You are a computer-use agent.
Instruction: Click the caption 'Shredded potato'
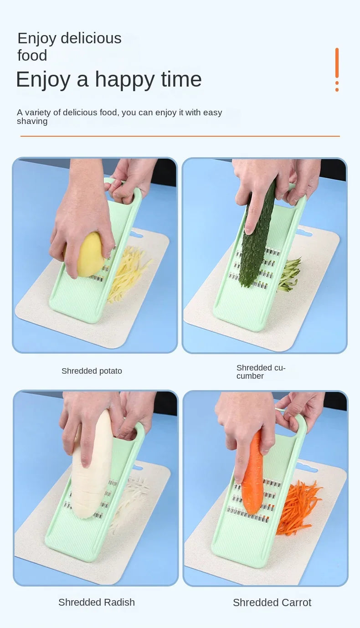pyautogui.click(x=92, y=371)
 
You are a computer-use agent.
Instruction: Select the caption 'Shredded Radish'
pyautogui.click(x=97, y=602)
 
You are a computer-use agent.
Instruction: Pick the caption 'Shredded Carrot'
pyautogui.click(x=272, y=602)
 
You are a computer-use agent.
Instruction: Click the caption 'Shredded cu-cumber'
pyautogui.click(x=261, y=372)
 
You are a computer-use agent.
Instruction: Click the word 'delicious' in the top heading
pyautogui.click(x=95, y=38)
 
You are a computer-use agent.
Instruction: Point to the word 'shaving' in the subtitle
pyautogui.click(x=32, y=121)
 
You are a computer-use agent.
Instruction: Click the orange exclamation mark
pyautogui.click(x=337, y=69)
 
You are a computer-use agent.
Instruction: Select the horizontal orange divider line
pyautogui.click(x=180, y=136)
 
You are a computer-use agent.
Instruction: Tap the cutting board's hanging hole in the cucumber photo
pyautogui.click(x=303, y=233)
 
